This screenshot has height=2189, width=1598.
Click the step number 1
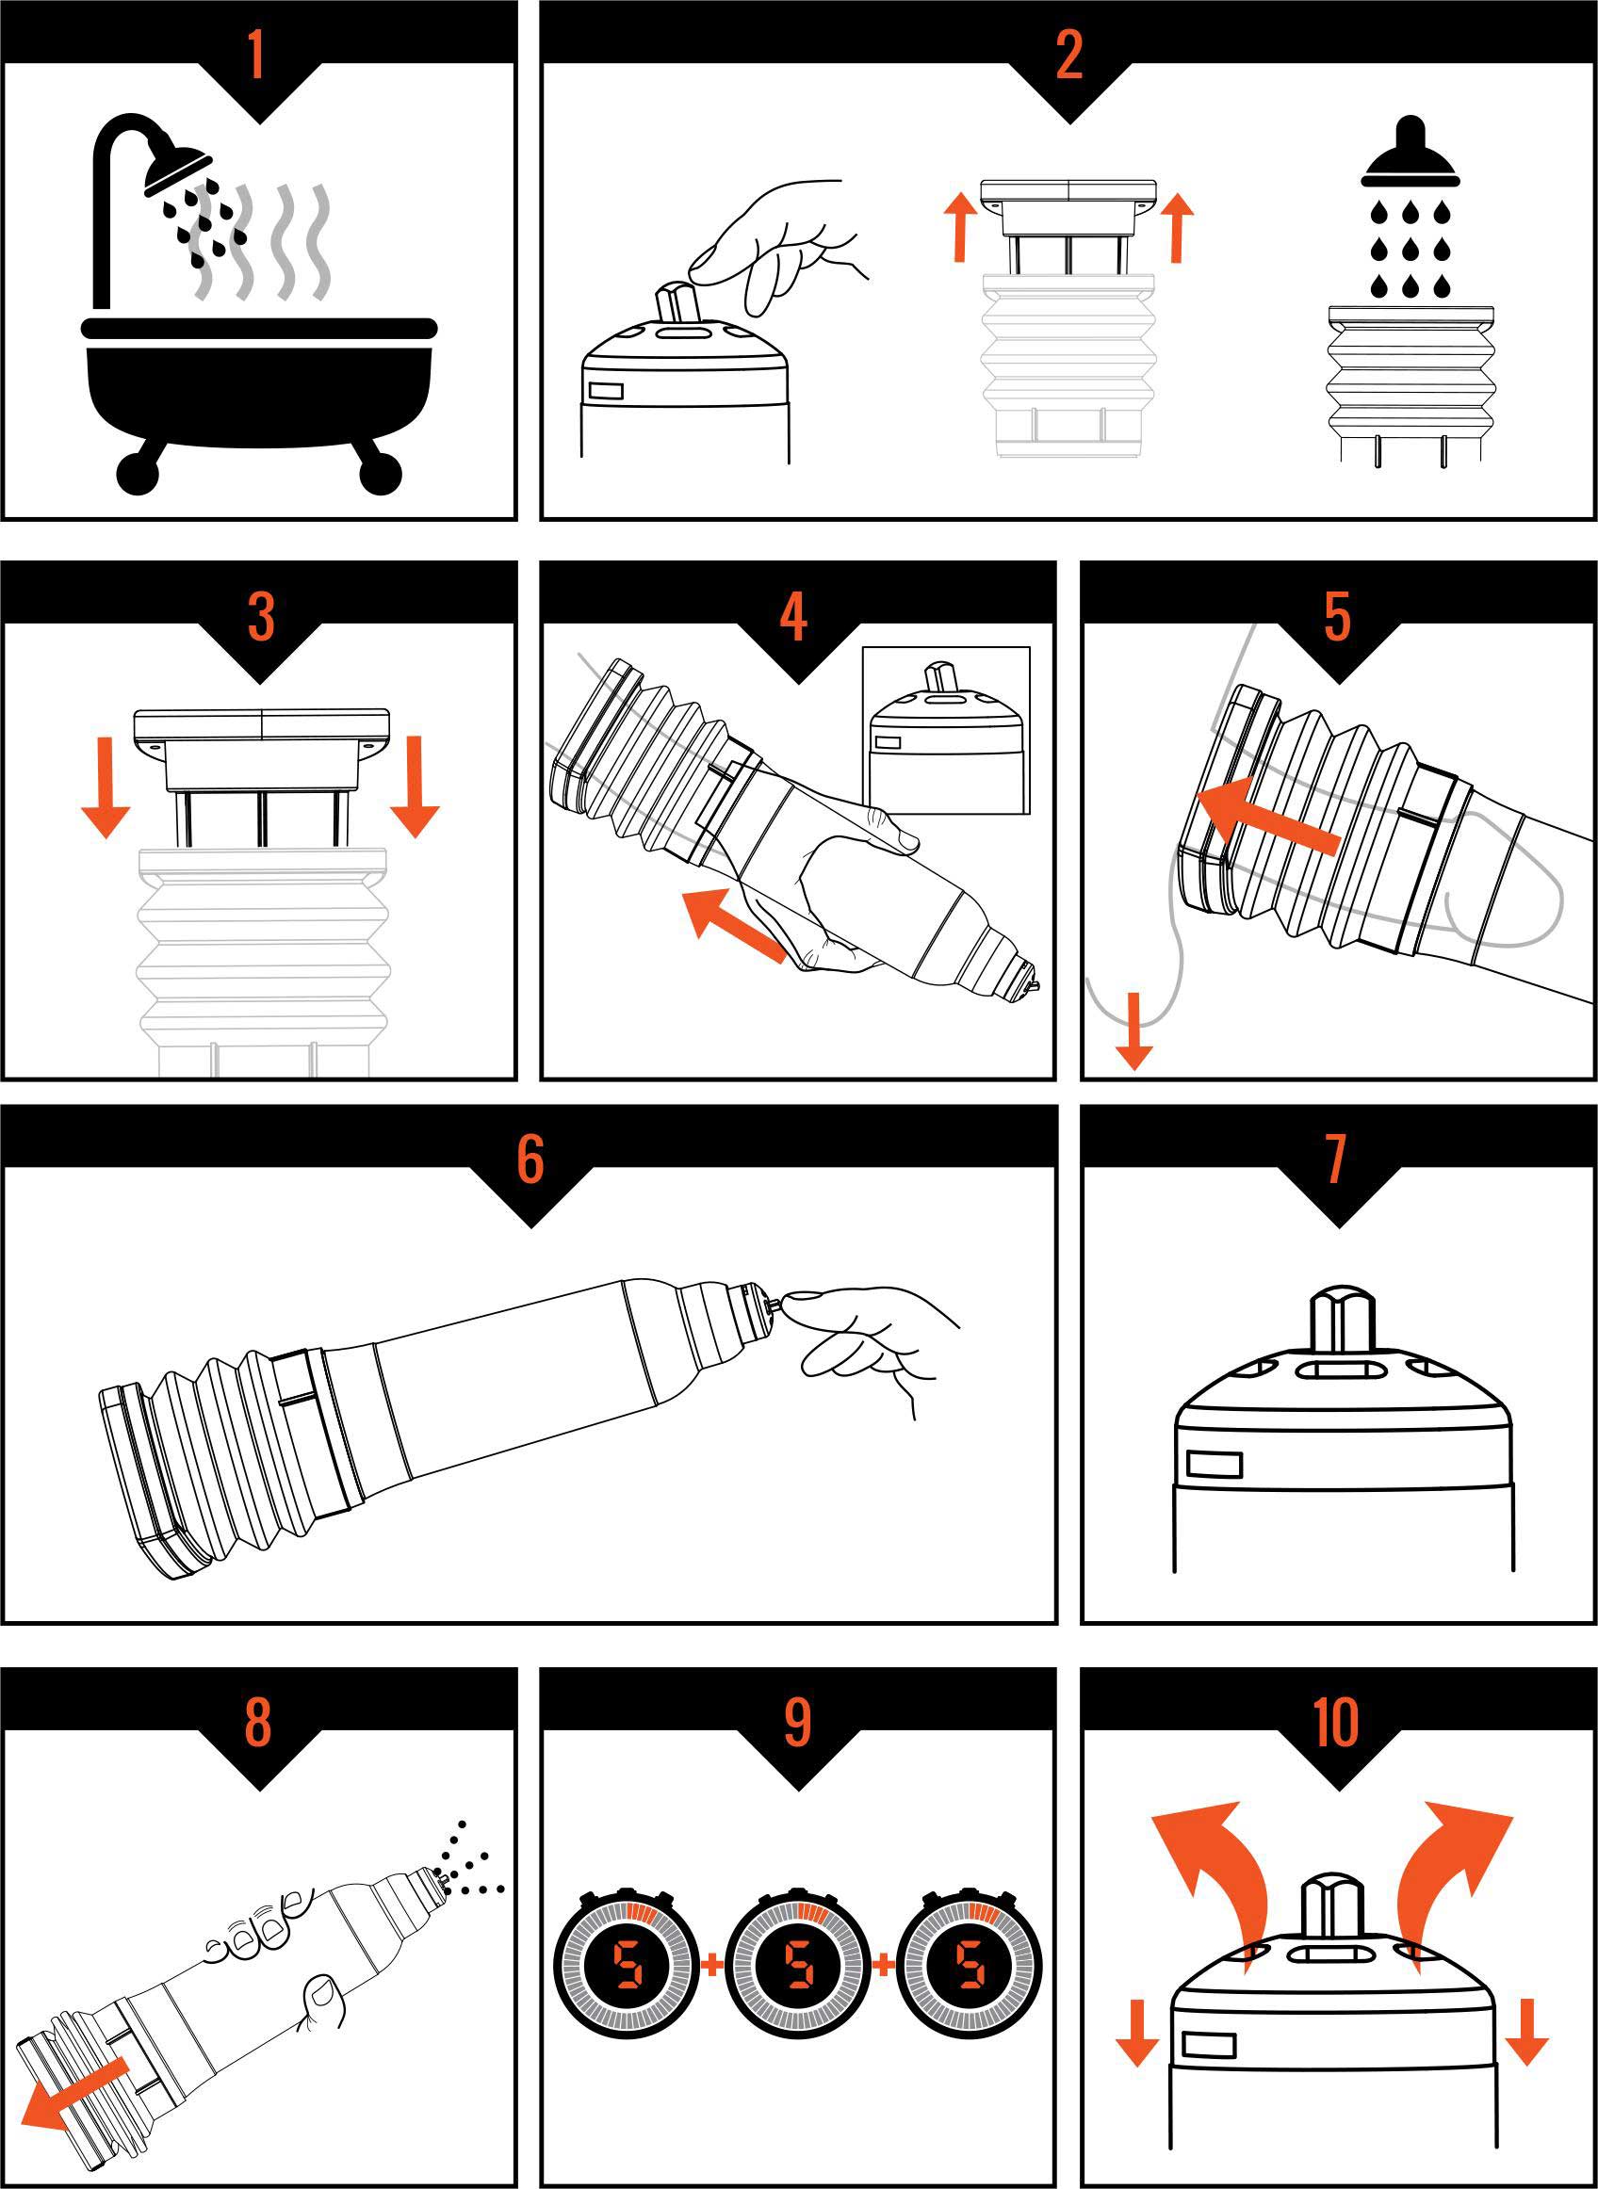256,56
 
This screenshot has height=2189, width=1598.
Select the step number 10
1336,1722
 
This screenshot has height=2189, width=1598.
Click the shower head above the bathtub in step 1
177,170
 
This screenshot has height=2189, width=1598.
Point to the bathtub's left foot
139,470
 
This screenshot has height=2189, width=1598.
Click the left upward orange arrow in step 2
960,226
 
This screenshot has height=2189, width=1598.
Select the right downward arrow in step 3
416,786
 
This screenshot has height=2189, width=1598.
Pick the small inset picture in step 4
946,731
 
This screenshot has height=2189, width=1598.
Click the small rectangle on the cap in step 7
1214,1464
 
